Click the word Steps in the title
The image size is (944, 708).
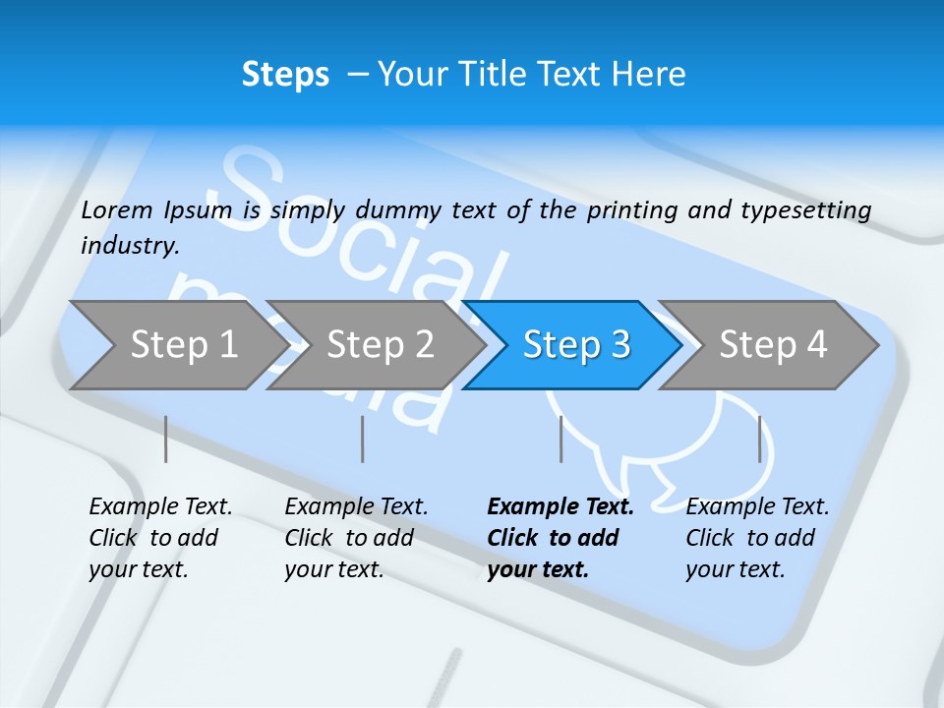[285, 75]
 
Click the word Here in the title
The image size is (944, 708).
[648, 75]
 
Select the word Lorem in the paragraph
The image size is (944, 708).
[117, 209]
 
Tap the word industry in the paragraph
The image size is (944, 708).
[129, 245]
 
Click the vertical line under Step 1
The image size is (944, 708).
[166, 439]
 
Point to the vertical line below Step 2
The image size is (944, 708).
[363, 439]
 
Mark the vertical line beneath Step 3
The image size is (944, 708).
[561, 439]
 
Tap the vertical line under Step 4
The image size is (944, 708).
[760, 439]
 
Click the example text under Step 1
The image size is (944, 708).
[159, 538]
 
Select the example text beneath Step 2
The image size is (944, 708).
[355, 538]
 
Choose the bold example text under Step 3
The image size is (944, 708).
[560, 538]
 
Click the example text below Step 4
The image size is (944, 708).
[756, 538]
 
